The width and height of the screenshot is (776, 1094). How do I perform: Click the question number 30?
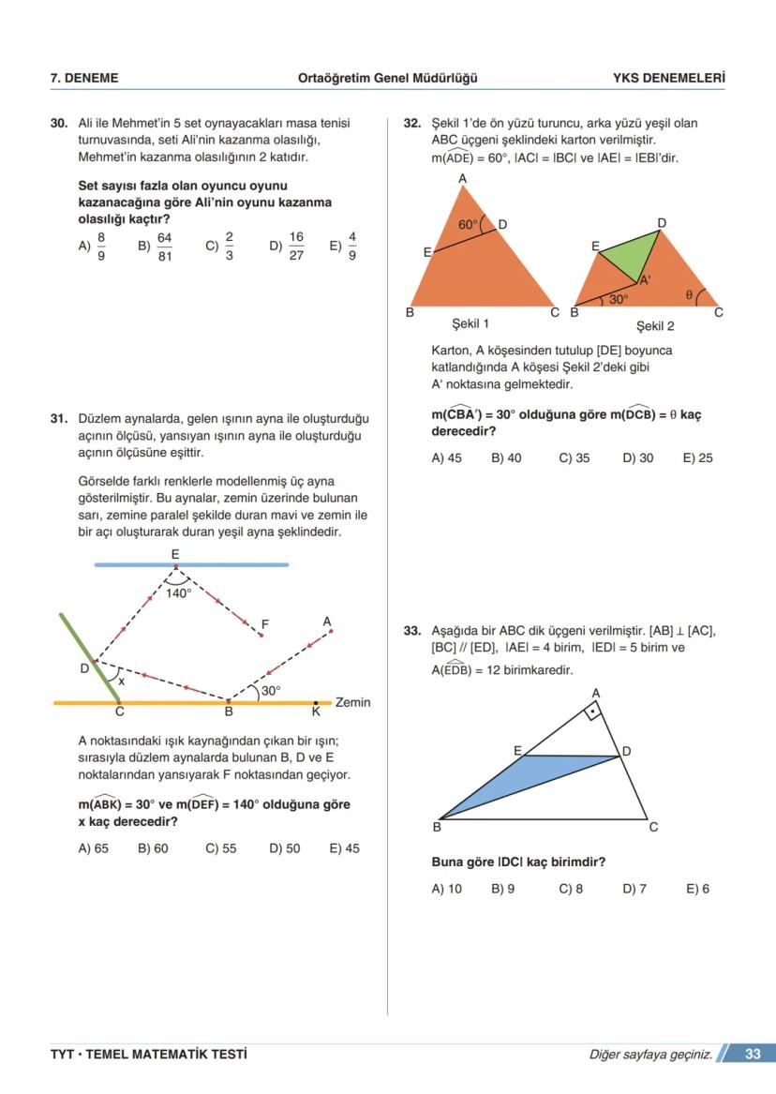58,123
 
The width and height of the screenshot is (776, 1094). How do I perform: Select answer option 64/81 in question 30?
157,247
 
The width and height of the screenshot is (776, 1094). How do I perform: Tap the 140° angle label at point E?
178,592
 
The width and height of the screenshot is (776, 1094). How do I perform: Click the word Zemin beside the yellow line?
352,702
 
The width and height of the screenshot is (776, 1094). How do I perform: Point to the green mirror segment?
89,657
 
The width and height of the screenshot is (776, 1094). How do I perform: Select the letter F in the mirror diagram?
265,624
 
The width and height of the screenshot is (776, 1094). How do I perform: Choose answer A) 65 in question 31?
93,848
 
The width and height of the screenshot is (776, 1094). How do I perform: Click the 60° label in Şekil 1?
467,225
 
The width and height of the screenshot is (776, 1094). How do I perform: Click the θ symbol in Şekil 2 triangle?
689,294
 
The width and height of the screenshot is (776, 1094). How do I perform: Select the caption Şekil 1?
470,323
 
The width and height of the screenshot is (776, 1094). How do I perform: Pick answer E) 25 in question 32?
698,458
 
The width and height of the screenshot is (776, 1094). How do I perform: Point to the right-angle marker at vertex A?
594,712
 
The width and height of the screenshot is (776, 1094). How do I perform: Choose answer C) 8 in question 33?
571,889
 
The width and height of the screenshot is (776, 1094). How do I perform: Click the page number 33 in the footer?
753,1055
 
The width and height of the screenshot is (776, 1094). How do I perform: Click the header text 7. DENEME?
84,79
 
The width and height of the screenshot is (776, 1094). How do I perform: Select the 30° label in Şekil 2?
618,299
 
